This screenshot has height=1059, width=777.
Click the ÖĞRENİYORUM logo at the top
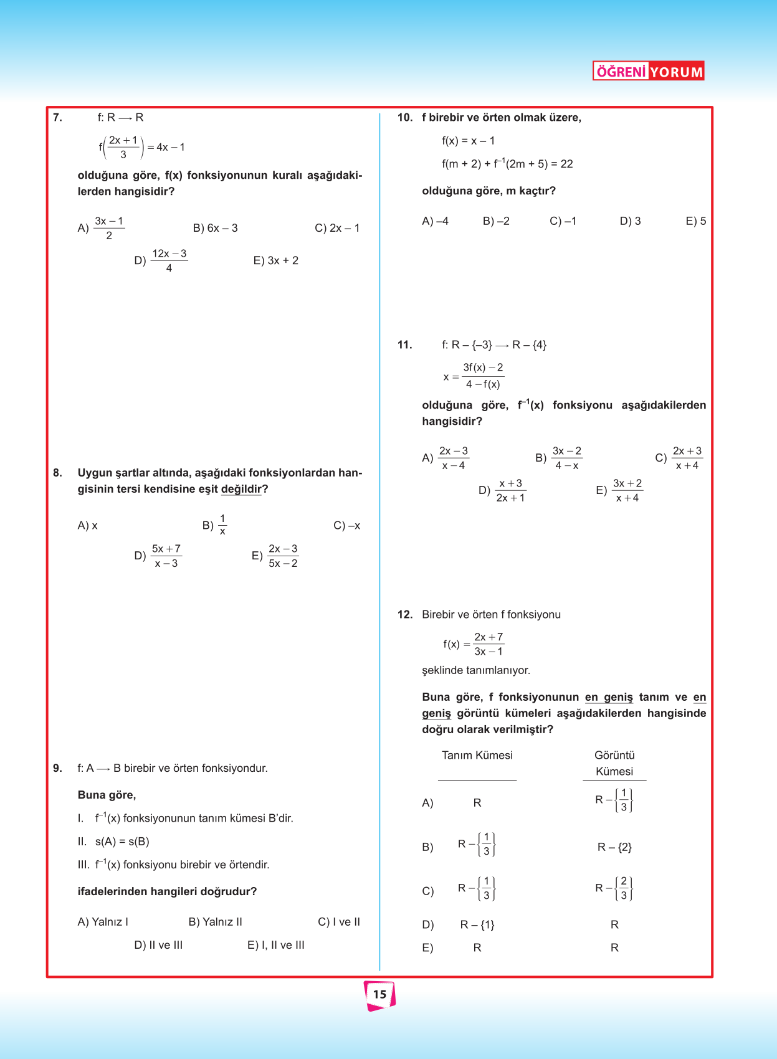pos(648,71)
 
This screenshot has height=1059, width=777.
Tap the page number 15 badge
pos(379,995)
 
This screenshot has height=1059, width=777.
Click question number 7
pos(57,118)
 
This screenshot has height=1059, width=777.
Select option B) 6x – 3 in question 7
pos(215,228)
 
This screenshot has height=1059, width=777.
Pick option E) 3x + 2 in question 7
pos(275,260)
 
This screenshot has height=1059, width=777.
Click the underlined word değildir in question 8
pos(241,489)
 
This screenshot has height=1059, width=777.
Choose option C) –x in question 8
pos(346,526)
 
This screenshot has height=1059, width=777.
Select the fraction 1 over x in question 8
pos(222,525)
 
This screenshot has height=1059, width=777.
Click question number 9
pos(57,768)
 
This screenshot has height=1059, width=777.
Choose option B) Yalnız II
pos(215,922)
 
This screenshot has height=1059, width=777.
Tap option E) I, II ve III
pos(275,945)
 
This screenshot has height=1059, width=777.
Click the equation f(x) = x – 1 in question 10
pos(468,141)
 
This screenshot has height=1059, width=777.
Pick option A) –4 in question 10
pos(435,221)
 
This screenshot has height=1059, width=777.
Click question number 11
pos(404,345)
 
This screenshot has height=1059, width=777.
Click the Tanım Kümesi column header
pos(477,755)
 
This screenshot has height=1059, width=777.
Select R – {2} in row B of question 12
pos(614,847)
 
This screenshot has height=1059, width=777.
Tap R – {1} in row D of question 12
pos(477,925)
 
